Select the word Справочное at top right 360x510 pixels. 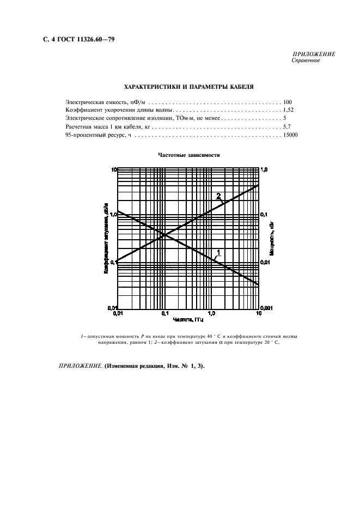point(306,60)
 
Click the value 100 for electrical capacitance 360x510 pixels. point(288,102)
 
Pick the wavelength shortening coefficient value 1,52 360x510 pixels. point(289,110)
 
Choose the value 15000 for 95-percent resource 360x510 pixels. point(290,134)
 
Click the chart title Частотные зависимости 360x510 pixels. point(189,155)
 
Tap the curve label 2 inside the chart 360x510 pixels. point(218,196)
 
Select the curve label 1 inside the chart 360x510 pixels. point(218,252)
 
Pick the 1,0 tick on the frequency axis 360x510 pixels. point(212,313)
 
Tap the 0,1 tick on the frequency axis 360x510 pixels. point(164,313)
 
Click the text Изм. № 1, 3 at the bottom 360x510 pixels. point(184,366)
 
